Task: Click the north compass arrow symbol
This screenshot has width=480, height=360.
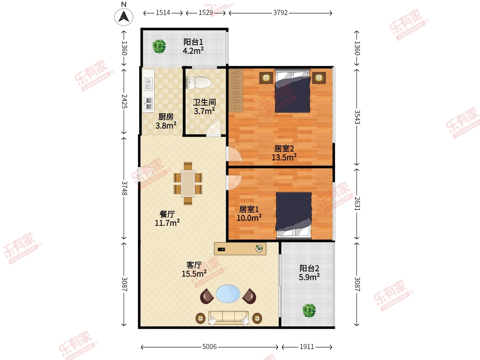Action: (x=124, y=17)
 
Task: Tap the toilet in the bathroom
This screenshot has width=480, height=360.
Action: (x=198, y=82)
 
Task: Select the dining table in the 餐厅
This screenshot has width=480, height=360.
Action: (x=188, y=184)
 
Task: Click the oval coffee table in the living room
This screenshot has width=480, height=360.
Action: (x=228, y=294)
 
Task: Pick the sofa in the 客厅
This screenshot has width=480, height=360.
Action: (x=228, y=318)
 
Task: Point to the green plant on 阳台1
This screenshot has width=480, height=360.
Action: (x=159, y=46)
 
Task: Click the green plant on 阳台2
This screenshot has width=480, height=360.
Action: (x=309, y=310)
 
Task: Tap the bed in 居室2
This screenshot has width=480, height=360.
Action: (x=292, y=91)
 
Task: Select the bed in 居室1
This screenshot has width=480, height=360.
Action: (x=294, y=215)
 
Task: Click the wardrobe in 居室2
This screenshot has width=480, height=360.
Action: (x=236, y=90)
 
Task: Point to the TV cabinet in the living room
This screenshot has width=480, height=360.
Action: (x=240, y=248)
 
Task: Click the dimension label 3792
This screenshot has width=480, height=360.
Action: (x=280, y=13)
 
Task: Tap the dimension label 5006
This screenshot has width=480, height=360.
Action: (x=210, y=347)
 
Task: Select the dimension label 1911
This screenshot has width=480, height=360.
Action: (x=307, y=347)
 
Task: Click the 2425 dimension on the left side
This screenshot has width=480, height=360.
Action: (x=124, y=102)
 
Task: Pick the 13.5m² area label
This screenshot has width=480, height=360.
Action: (x=284, y=157)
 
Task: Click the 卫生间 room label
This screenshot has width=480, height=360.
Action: (x=204, y=102)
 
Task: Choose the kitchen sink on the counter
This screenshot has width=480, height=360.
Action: (x=148, y=84)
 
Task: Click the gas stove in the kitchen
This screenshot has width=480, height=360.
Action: (x=149, y=103)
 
